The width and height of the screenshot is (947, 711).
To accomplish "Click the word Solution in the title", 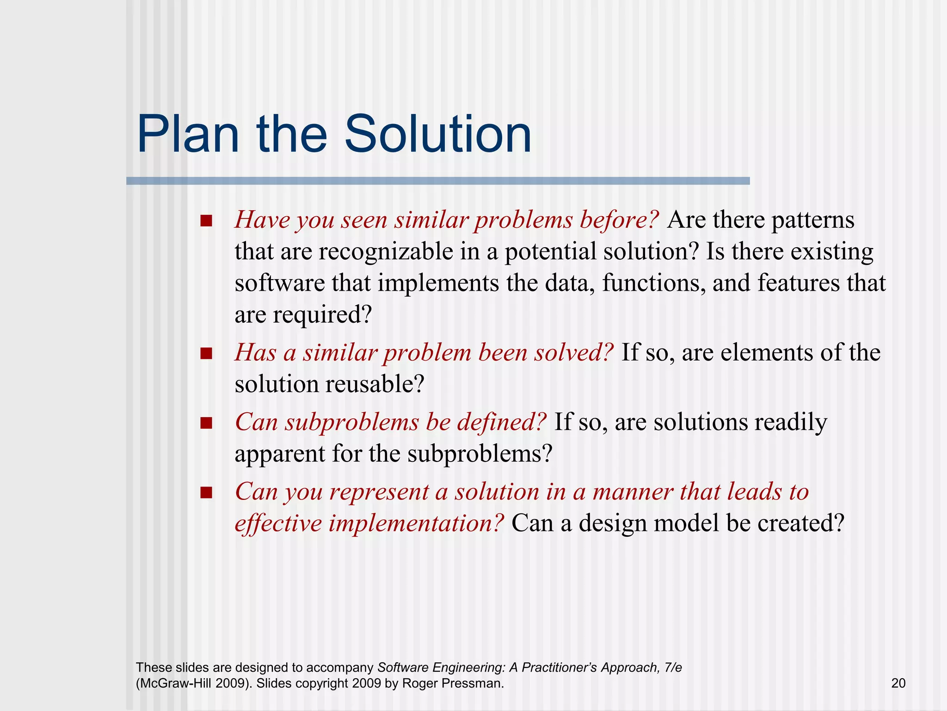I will pyautogui.click(x=437, y=135).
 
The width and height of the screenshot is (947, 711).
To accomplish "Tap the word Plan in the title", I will pyautogui.click(x=188, y=135).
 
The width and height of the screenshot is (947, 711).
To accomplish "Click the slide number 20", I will pyautogui.click(x=898, y=683).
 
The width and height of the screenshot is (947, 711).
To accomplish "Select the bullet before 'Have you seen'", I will pyautogui.click(x=206, y=221).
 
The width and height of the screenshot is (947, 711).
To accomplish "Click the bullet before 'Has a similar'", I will pyautogui.click(x=206, y=354).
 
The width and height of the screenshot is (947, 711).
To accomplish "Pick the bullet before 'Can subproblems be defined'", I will pyautogui.click(x=206, y=423).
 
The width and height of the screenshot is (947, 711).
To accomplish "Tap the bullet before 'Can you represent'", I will pyautogui.click(x=206, y=493).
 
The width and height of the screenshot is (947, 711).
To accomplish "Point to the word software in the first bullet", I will pyautogui.click(x=279, y=283).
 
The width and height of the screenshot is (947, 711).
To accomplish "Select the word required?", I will pyautogui.click(x=322, y=316).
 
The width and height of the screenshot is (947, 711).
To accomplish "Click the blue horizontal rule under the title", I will pyautogui.click(x=437, y=181).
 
